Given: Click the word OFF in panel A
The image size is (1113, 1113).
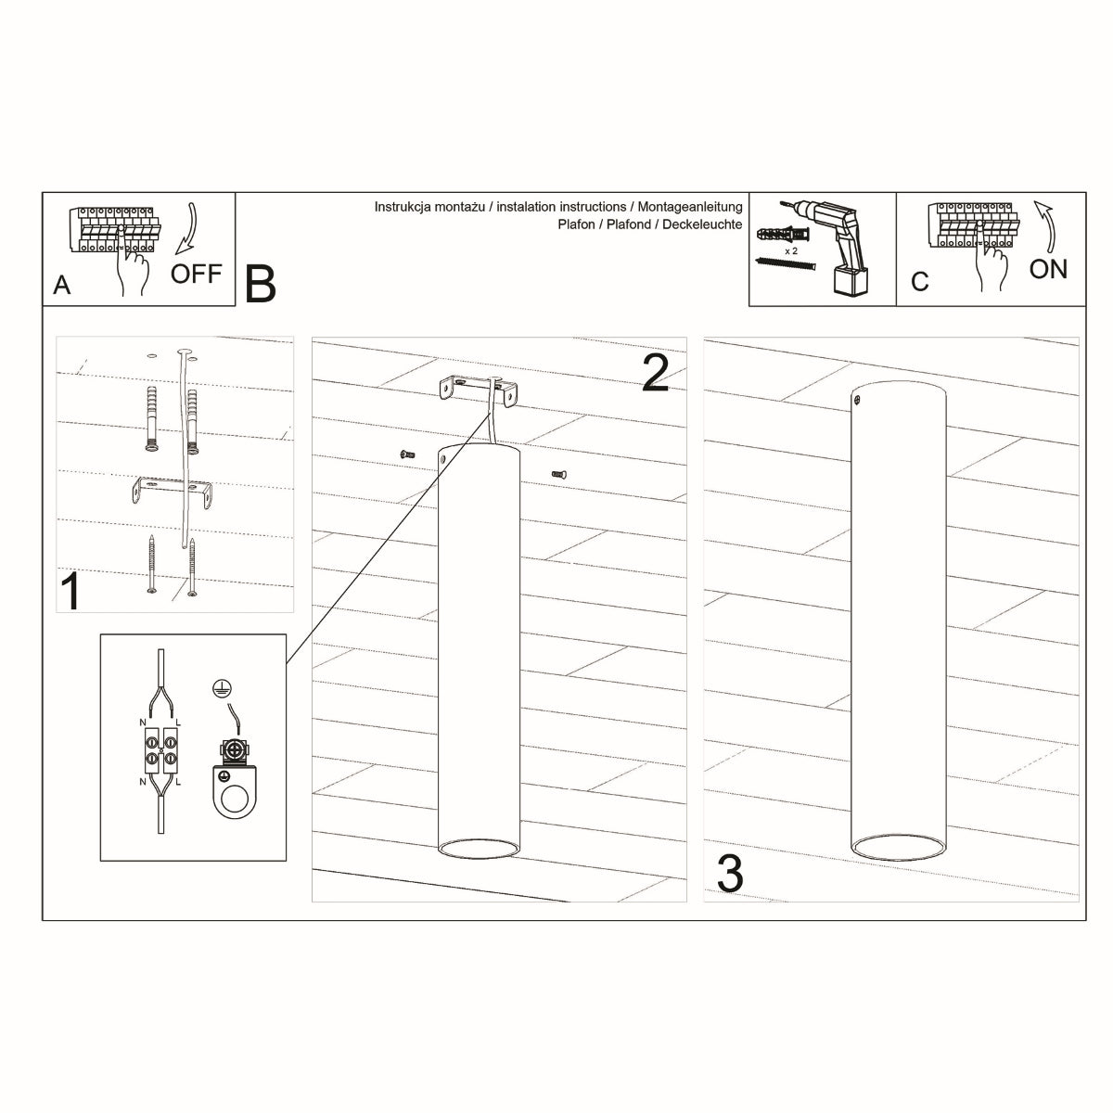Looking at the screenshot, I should [x=197, y=274].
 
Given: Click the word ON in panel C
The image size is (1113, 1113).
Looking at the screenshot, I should [x=1048, y=269].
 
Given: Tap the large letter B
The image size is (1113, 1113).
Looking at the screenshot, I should [x=261, y=284].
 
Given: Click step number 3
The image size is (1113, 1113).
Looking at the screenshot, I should [x=730, y=874].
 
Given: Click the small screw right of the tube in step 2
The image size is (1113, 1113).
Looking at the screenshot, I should [x=558, y=474].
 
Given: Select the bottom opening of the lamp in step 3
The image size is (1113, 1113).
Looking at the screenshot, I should [x=896, y=845].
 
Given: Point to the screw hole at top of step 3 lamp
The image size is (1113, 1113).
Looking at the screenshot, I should [x=858, y=401].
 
